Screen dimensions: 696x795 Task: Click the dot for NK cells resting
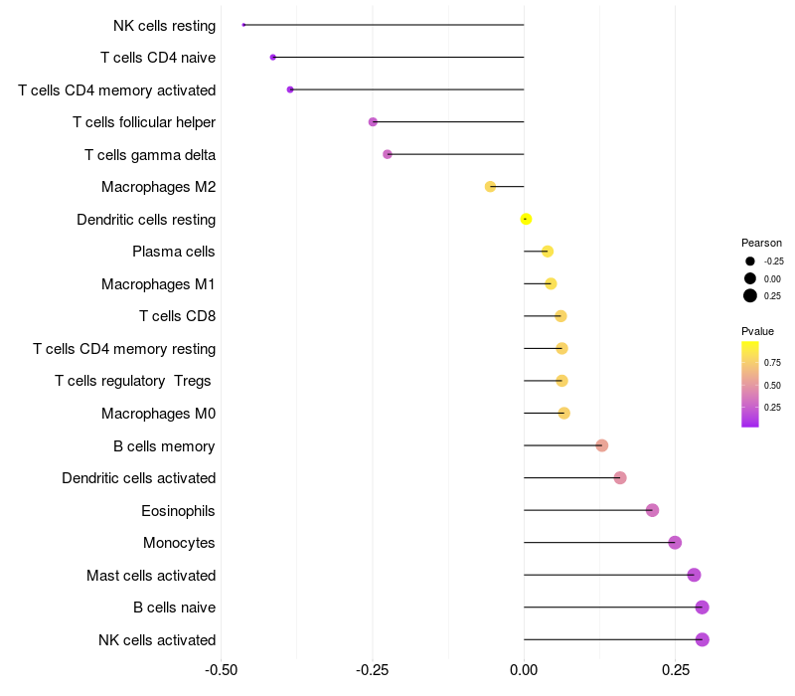[x=243, y=25]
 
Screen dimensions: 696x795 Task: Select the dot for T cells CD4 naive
[x=273, y=58]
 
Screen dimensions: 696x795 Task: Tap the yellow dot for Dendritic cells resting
[x=526, y=219]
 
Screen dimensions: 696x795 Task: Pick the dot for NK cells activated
[x=702, y=639]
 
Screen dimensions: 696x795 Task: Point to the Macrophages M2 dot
[x=490, y=187]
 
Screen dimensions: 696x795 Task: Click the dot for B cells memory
[x=601, y=445]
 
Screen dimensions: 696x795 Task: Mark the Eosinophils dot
[x=652, y=510]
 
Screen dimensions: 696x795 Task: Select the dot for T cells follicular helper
[x=373, y=122]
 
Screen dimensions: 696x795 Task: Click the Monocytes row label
[x=179, y=543]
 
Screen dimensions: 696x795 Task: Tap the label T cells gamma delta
[x=150, y=155]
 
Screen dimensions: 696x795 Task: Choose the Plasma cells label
[x=174, y=252]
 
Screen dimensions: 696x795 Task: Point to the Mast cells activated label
[x=151, y=576]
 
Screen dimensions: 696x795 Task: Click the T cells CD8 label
[x=178, y=316]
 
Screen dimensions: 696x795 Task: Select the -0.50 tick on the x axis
[x=221, y=669]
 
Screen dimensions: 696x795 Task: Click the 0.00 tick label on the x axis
[x=524, y=669]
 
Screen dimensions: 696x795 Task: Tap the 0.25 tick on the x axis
[x=675, y=669]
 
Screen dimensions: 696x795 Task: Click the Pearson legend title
[x=761, y=243]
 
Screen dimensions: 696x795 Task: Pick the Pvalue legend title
[x=757, y=331]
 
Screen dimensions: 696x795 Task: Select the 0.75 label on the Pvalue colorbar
[x=772, y=363]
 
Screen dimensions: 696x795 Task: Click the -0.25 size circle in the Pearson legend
[x=749, y=261]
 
